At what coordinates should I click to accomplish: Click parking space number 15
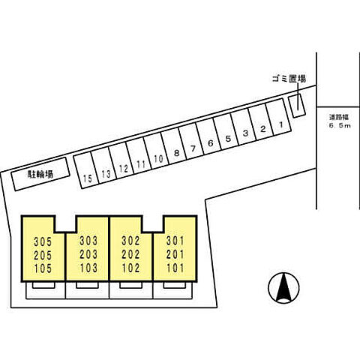click(85, 170)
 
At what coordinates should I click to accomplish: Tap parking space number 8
click(174, 146)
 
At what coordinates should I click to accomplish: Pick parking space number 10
click(156, 151)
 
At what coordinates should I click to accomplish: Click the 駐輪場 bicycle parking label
click(40, 174)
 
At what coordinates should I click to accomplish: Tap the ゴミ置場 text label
click(289, 79)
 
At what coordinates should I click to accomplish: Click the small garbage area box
click(297, 106)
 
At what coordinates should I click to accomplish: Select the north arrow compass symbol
click(283, 287)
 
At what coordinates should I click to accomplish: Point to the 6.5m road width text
click(340, 126)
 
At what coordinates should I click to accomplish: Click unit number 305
click(43, 241)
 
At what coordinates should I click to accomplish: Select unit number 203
click(88, 254)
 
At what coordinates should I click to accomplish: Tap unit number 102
click(130, 268)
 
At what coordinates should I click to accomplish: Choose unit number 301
click(175, 241)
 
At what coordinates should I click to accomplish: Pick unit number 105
click(43, 268)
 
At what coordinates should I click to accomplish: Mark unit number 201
click(175, 254)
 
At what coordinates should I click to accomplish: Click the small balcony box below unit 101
click(175, 285)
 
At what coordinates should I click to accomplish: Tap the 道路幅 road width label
click(339, 117)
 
